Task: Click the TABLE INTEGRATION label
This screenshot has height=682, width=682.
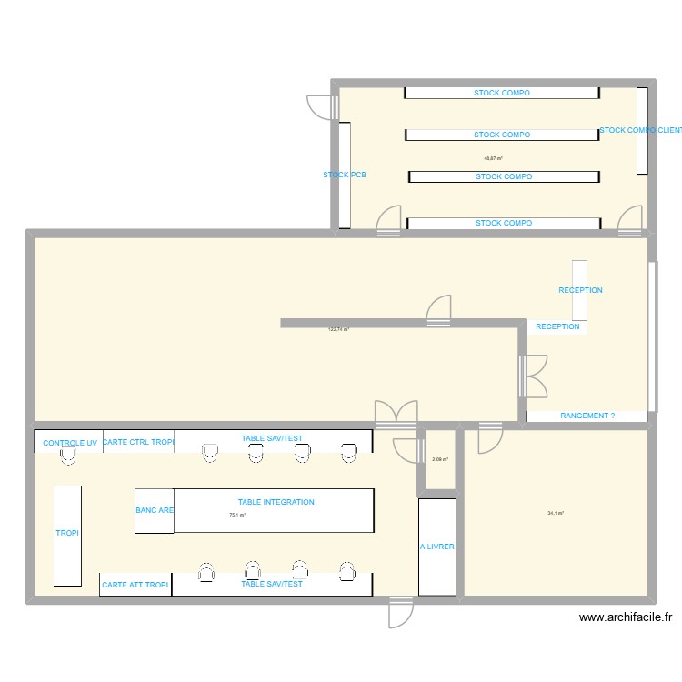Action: coord(276,502)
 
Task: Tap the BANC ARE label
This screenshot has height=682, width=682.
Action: coord(155,510)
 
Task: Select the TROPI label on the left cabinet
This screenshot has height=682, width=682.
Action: coord(67,533)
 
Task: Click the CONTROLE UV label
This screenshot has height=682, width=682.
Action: coord(70,443)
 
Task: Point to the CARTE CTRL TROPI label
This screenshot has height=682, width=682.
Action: coord(137,442)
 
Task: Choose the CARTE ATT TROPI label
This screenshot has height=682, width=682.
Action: coord(135,585)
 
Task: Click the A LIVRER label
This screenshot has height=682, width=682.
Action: coord(436,547)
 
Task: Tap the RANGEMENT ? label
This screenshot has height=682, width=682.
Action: coord(587,416)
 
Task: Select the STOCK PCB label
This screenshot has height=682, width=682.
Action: coord(345,175)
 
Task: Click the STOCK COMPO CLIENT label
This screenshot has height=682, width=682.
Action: coord(640,130)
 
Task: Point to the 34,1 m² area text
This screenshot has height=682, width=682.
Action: coord(556,514)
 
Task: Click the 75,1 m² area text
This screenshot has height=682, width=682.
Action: coord(237,516)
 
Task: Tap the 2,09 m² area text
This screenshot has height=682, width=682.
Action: coord(440,459)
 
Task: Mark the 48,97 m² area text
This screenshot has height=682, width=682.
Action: coord(494,158)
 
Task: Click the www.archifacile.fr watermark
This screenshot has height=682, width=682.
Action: coord(626,617)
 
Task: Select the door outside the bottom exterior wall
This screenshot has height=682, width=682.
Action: coord(400,614)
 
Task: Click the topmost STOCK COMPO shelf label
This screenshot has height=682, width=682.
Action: coord(501,93)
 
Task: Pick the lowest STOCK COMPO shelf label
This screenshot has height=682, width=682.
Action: coord(503,223)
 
